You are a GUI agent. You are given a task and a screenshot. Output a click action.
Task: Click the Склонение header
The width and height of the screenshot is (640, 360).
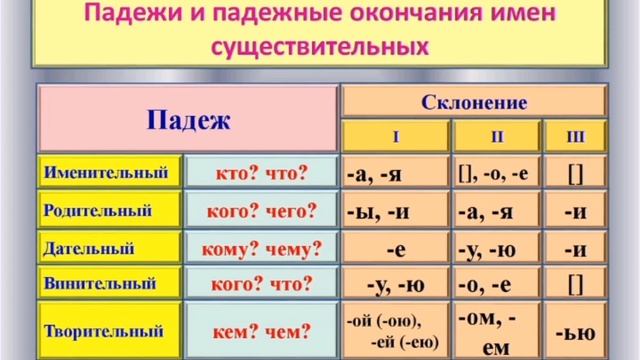[x=475, y=101]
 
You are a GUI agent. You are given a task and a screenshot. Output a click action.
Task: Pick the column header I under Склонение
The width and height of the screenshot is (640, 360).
[x=394, y=134]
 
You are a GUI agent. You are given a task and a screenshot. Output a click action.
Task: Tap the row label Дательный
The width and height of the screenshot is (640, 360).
[x=91, y=247]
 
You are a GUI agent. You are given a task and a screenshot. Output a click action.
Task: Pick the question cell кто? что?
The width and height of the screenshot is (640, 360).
[x=262, y=172]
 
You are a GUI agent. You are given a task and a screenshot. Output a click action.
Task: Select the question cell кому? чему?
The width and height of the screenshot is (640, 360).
[x=262, y=247]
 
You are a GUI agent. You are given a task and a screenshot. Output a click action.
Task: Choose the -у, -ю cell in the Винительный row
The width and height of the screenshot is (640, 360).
[x=394, y=285]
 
